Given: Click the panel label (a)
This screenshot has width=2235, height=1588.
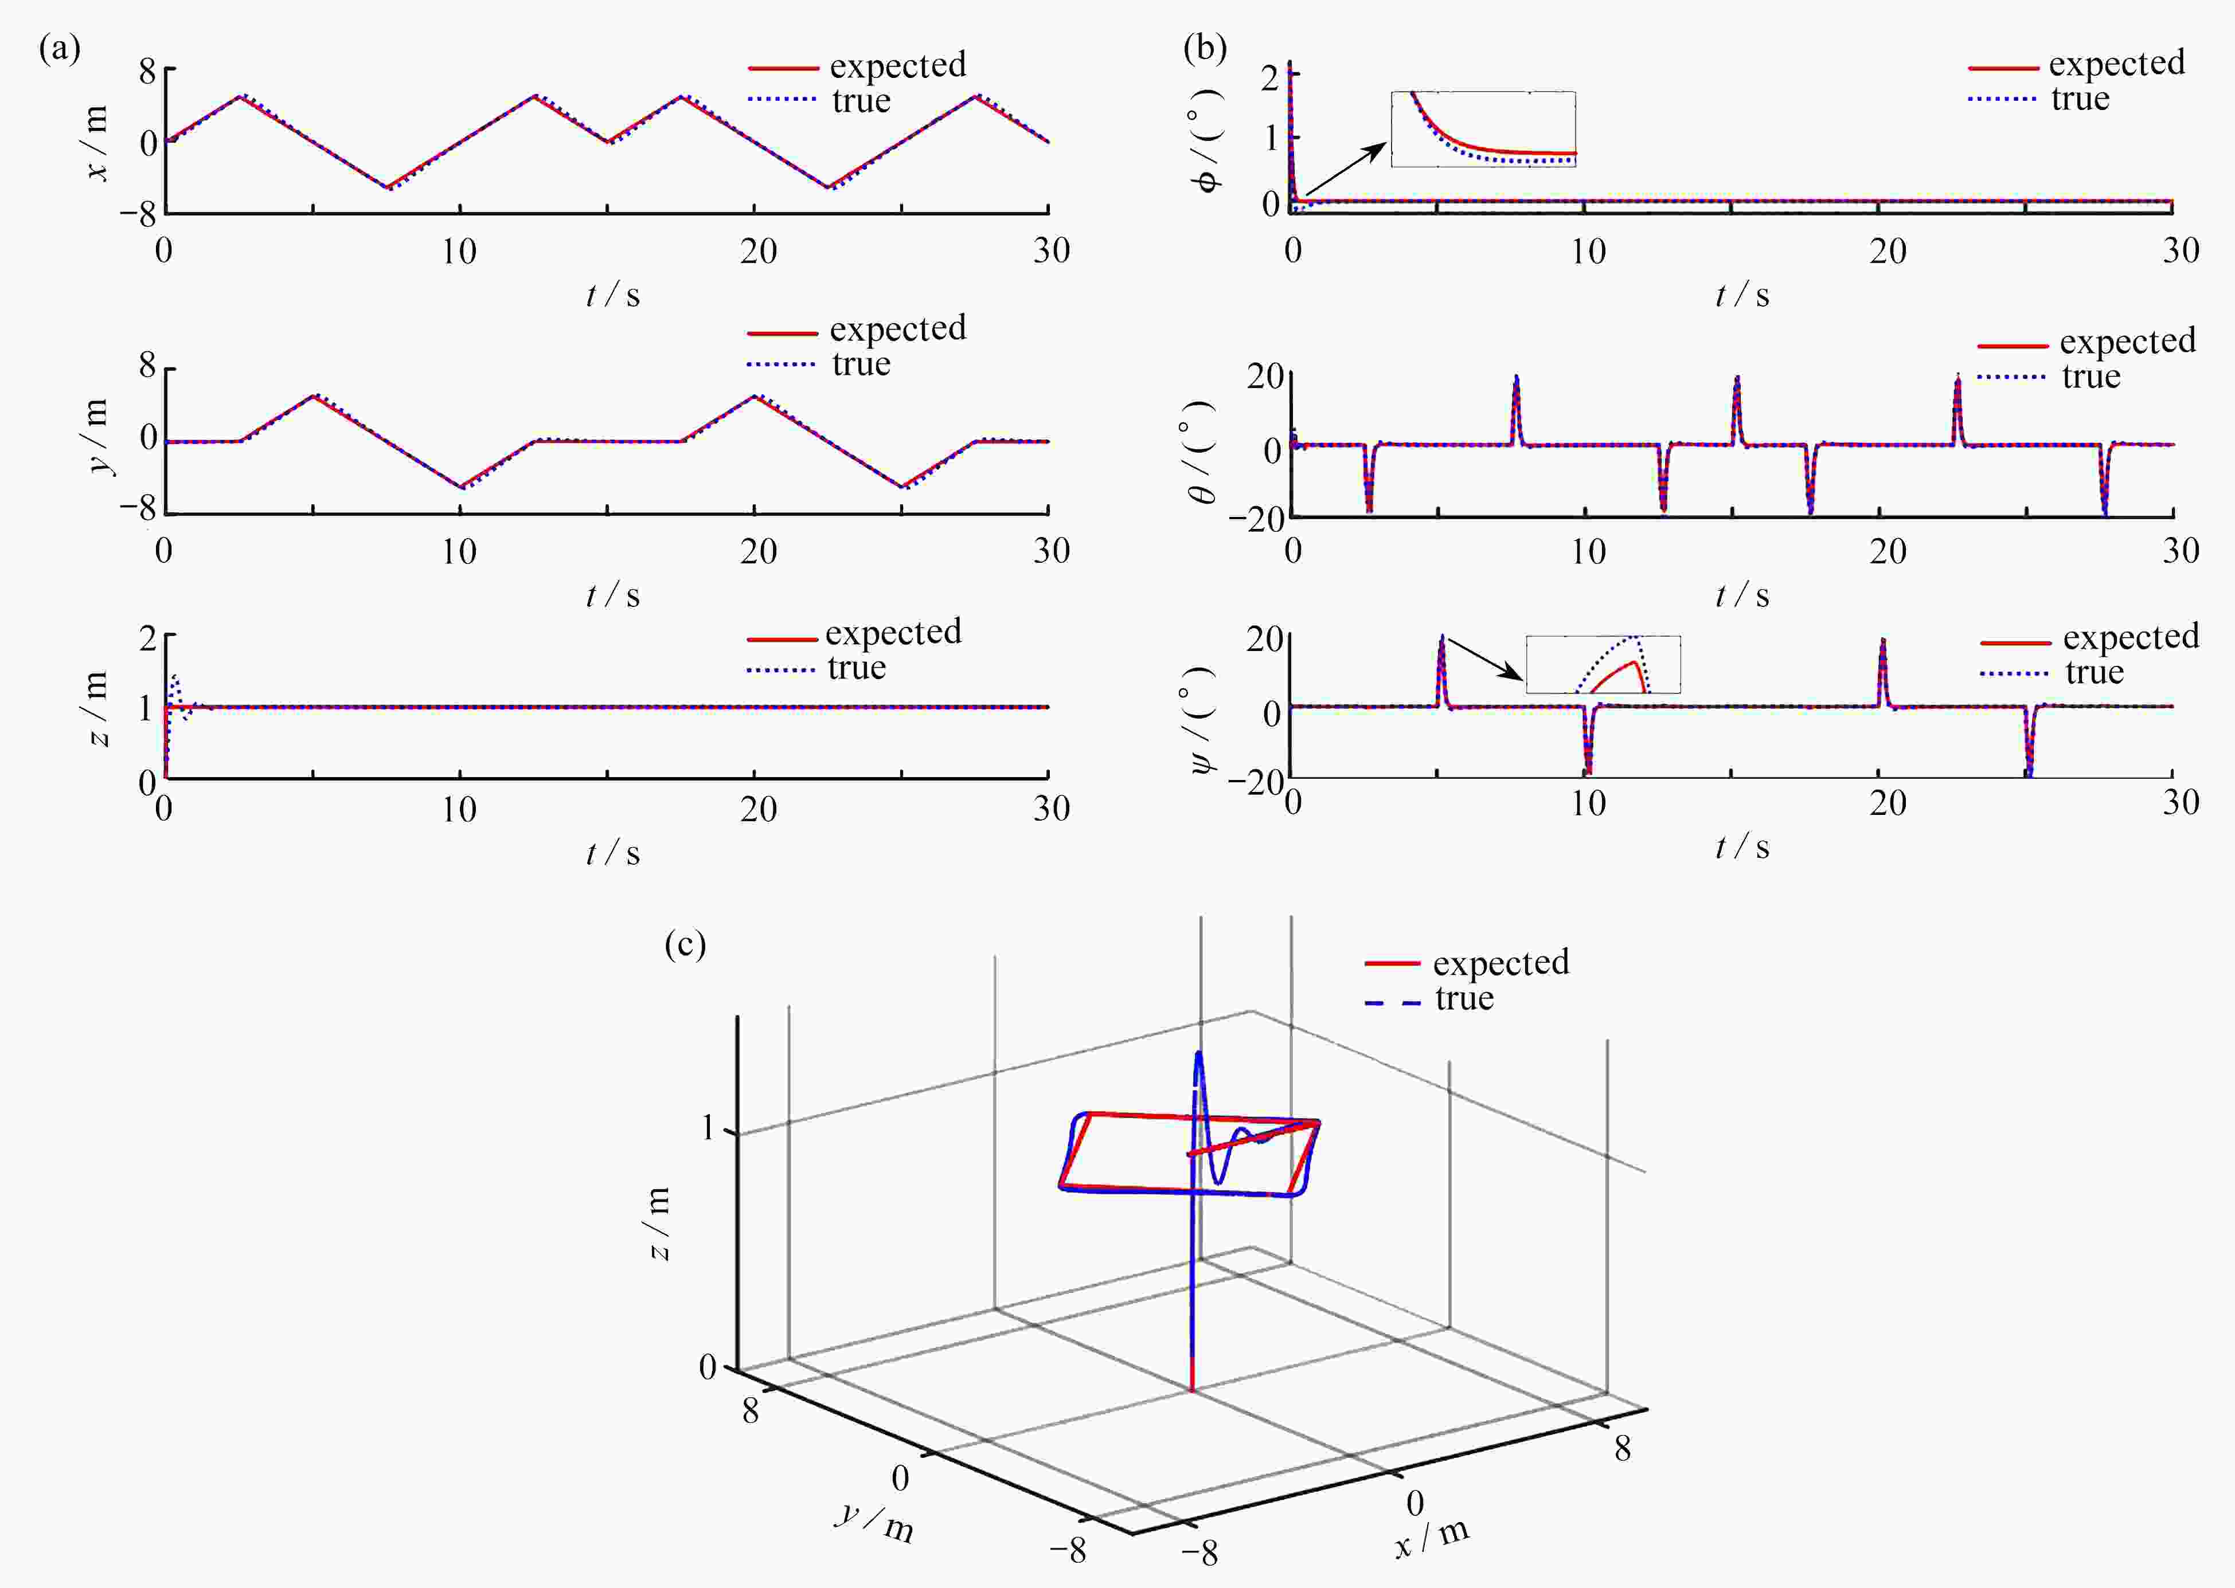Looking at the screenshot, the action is point(58,49).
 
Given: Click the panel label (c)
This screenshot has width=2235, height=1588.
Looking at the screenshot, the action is point(685,944).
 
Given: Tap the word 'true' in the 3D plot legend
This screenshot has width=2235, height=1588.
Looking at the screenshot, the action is point(1464,998).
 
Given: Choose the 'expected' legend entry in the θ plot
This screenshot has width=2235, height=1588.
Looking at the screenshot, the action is point(2087,342).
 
